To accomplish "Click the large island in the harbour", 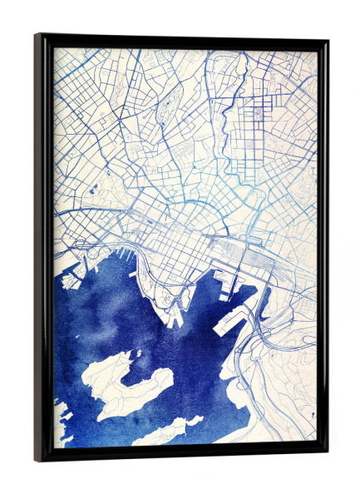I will click(x=125, y=378).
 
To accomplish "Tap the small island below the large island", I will click(x=166, y=431).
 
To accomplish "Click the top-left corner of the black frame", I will click(x=37, y=36).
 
